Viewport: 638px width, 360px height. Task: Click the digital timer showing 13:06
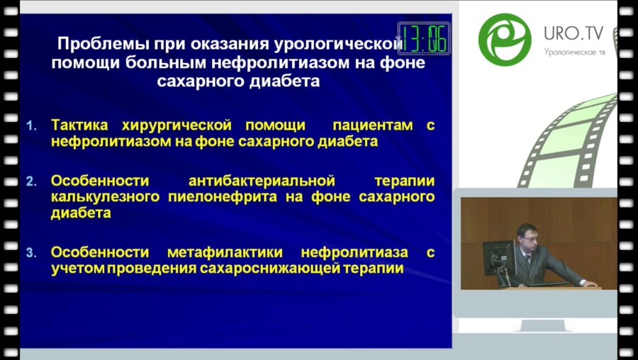pos(424,38)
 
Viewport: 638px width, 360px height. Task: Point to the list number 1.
pos(30,126)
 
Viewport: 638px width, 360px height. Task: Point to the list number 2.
pos(30,181)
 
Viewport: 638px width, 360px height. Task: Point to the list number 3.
pos(30,252)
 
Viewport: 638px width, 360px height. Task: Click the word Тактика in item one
pos(77,125)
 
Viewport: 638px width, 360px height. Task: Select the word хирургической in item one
pos(172,125)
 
